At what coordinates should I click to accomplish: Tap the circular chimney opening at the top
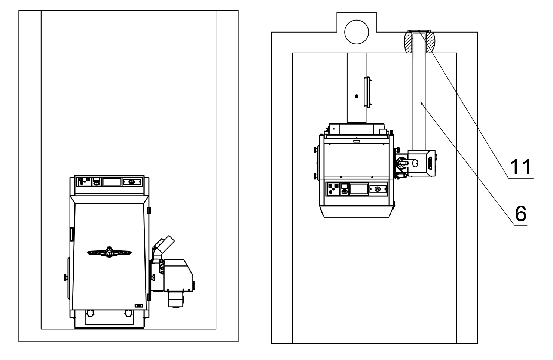[357, 32]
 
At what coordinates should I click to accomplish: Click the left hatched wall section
[408, 41]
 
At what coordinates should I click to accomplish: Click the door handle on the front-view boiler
[109, 252]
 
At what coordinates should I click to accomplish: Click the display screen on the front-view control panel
[112, 182]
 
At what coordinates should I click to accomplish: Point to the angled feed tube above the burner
[164, 243]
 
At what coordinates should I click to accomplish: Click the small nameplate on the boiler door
[139, 305]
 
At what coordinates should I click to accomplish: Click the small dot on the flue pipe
[357, 96]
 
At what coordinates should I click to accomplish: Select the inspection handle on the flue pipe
[368, 92]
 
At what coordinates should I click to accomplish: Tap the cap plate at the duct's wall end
[419, 31]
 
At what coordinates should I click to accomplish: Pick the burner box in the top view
[422, 163]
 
